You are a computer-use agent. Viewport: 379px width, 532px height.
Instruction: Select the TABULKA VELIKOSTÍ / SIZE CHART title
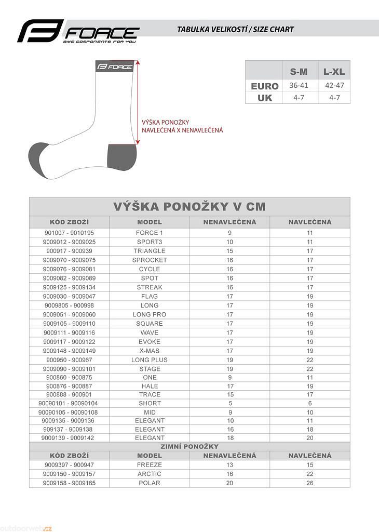coord(235,30)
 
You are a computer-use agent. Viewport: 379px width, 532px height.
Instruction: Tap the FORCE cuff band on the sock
coord(114,66)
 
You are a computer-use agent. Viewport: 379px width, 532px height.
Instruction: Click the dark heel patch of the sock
coord(121,156)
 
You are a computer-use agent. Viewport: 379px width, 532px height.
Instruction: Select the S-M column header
coord(298,72)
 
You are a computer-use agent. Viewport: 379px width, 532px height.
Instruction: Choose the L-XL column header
coord(334,72)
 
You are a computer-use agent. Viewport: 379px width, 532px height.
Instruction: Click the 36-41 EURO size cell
coord(298,85)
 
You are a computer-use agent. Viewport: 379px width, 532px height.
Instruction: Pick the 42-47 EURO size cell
coord(334,85)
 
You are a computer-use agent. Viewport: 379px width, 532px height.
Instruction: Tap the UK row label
coord(265,98)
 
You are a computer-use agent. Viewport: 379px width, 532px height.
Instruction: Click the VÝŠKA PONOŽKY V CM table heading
coord(189,206)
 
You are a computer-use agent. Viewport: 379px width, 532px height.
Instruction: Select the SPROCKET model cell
coord(150,260)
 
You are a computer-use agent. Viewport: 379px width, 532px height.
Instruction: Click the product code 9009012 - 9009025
coord(69,242)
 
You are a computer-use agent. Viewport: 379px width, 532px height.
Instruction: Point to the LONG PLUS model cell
coord(150,360)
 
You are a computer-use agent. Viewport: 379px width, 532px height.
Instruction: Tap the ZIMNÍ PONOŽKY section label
coord(189,446)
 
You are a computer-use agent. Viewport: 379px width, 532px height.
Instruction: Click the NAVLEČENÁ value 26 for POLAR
coord(310,483)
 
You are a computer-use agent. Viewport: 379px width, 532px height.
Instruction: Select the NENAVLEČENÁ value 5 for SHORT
coord(230,403)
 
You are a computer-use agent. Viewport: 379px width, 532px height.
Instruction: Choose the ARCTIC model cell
coord(150,474)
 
